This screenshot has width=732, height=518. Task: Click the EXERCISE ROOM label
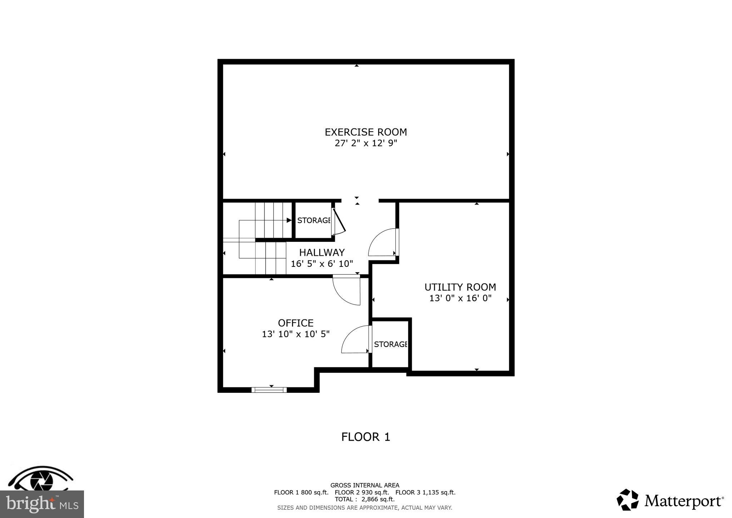[x=366, y=132]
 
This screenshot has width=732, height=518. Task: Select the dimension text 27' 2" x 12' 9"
[x=366, y=143]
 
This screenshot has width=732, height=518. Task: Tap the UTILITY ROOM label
[x=460, y=287]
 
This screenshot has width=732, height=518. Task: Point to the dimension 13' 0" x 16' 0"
[x=460, y=298]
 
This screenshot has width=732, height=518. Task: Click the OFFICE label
[x=296, y=323]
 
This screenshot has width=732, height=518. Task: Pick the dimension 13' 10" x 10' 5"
[x=296, y=334]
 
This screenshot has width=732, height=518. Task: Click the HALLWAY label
[x=322, y=253]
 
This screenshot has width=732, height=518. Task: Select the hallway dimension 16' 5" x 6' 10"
[x=322, y=264]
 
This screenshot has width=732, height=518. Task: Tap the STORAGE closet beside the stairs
[x=313, y=220]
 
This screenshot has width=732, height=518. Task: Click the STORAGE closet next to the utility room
[x=390, y=344]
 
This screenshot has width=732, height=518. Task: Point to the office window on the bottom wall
[x=269, y=390]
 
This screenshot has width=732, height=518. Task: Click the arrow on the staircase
[x=289, y=220]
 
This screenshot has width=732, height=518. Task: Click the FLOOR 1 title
[x=366, y=437]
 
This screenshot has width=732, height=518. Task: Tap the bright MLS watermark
[x=42, y=504]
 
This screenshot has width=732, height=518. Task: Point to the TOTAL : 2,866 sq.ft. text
[x=365, y=499]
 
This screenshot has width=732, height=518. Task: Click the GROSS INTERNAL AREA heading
[x=365, y=485]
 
